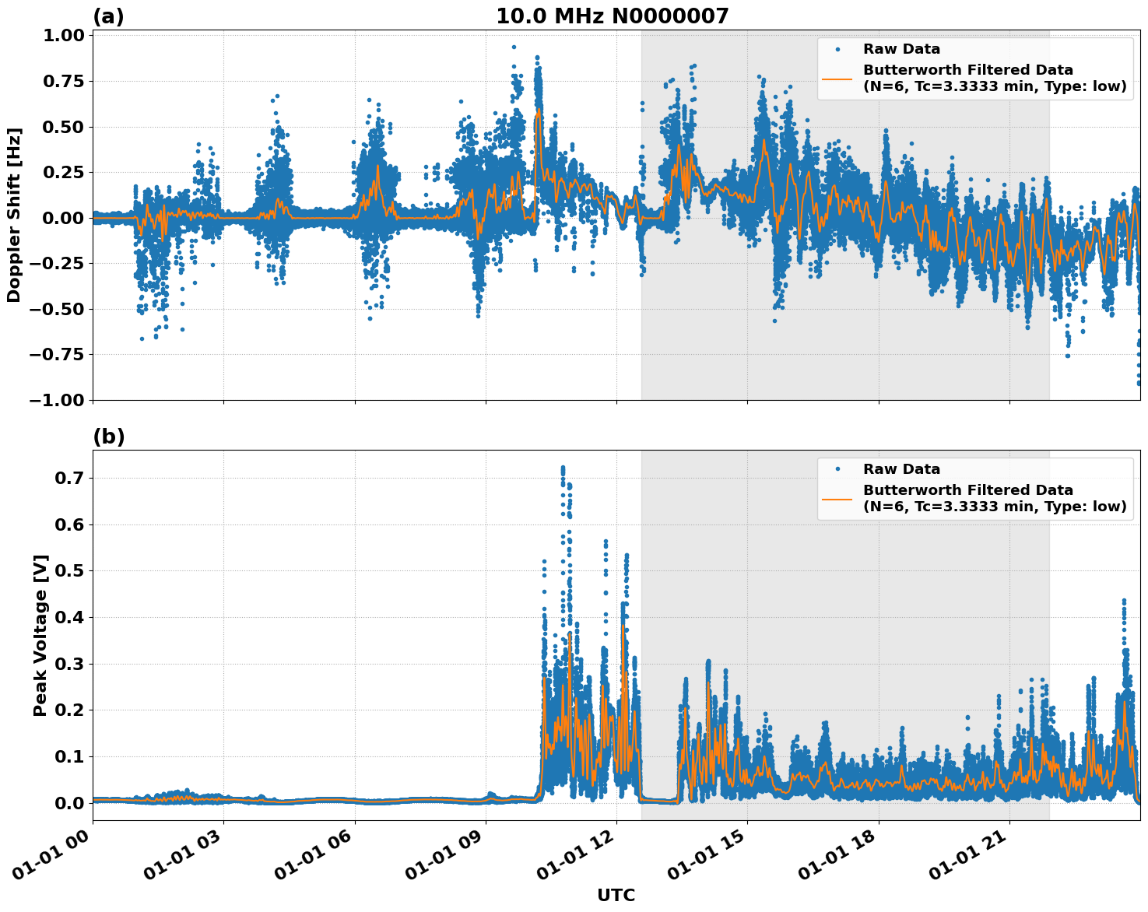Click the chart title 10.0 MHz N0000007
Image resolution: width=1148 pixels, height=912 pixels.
click(x=613, y=16)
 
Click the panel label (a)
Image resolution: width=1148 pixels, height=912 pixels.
click(x=108, y=16)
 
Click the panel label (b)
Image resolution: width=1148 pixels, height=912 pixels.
click(x=108, y=437)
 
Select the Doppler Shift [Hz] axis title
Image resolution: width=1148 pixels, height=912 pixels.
click(x=14, y=215)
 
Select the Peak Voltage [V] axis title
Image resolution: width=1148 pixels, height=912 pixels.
click(x=40, y=635)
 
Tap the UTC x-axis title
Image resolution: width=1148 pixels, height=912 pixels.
click(x=616, y=895)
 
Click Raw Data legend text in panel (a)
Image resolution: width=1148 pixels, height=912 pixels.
click(x=901, y=50)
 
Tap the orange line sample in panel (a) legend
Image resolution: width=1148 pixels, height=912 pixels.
click(x=837, y=78)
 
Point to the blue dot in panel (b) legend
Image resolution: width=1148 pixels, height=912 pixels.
click(x=837, y=469)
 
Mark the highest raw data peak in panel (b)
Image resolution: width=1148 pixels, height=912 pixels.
click(x=563, y=468)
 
